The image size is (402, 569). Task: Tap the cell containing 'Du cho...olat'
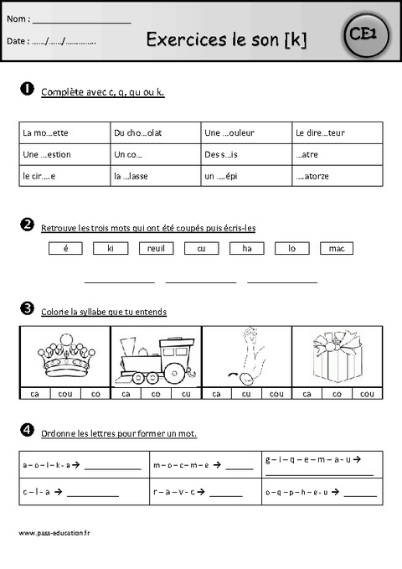[155, 132]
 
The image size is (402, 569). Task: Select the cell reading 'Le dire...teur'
[338, 132]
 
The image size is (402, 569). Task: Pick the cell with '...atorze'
[338, 177]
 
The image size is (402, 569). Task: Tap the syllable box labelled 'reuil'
[156, 248]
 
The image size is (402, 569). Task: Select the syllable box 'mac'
[337, 248]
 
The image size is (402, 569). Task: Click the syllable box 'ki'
[111, 248]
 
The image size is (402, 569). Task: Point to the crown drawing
[64, 354]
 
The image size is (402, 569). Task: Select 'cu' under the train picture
[185, 393]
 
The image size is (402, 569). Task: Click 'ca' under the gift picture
[307, 393]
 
